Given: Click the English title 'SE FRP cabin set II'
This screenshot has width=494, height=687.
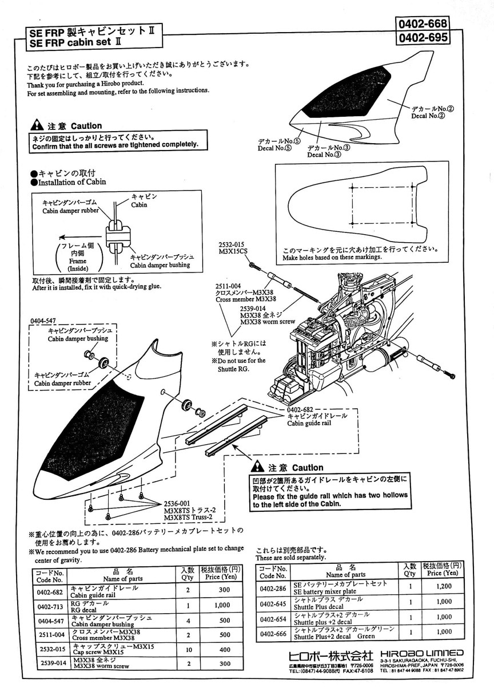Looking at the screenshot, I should coord(75,42).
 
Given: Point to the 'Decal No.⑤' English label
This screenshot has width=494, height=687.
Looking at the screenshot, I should coord(274,148).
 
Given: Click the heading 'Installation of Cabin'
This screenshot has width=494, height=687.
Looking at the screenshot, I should coord(71,182).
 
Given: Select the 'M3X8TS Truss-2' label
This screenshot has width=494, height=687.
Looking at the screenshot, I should coord(188,518).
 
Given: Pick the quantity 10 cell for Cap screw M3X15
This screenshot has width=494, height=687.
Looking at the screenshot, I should coord(187,650).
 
